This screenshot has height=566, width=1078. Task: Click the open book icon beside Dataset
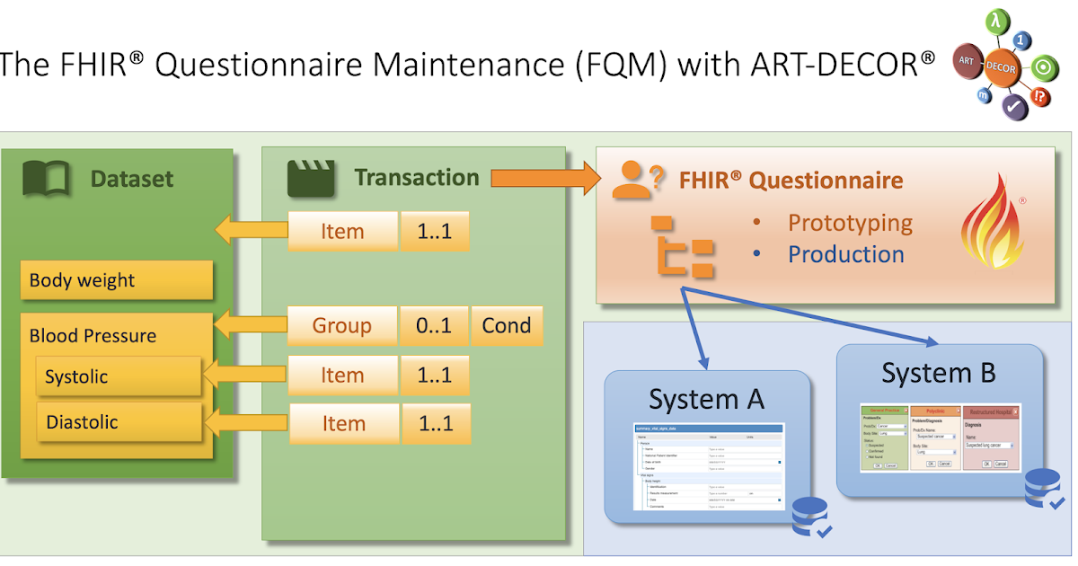[45, 179]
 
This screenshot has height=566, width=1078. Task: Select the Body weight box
[116, 280]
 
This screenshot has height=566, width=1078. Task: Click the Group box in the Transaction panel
[342, 325]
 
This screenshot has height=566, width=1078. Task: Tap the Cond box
[507, 325]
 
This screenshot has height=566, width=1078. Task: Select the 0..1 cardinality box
[435, 325]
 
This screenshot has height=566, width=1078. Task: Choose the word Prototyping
[850, 223]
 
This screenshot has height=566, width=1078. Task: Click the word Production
[845, 254]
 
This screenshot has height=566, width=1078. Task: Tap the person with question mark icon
[637, 181]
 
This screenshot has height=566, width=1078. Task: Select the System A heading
[706, 399]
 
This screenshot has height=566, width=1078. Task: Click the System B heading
[938, 372]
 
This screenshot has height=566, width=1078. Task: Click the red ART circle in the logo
[966, 60]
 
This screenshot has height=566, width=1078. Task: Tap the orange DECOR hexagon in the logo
[1002, 67]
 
